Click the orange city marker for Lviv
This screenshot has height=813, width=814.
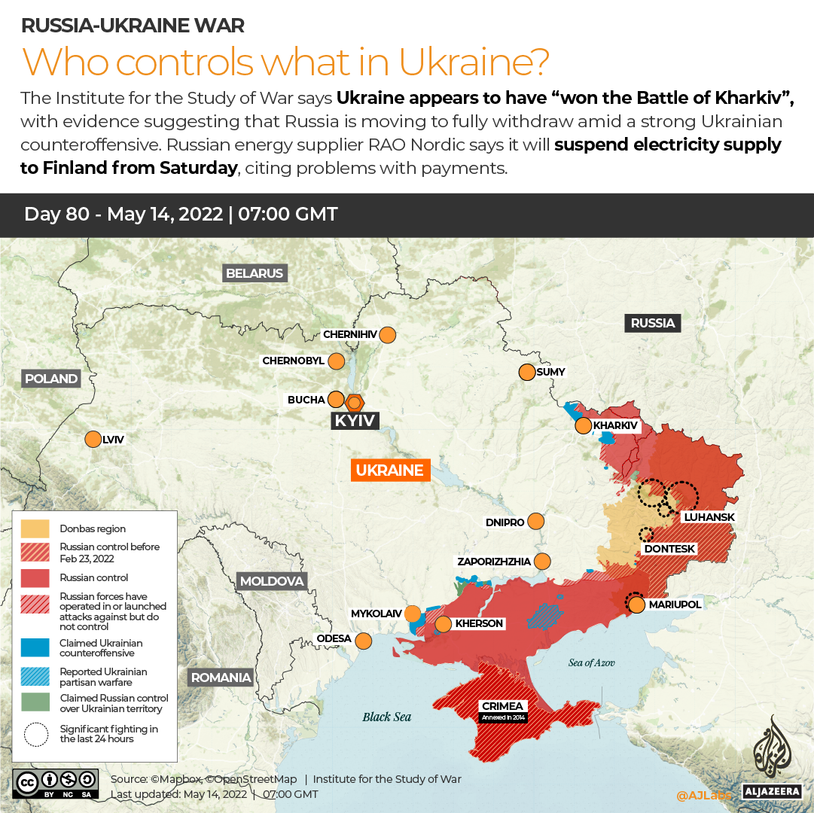(93, 439)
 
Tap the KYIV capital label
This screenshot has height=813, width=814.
(355, 421)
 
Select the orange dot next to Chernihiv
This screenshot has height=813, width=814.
(388, 335)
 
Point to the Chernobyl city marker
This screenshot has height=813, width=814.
(337, 361)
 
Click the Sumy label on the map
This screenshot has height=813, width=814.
(550, 372)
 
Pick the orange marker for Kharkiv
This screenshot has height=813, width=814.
(583, 426)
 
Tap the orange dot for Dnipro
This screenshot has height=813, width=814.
(536, 521)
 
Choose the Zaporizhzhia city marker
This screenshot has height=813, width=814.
(542, 562)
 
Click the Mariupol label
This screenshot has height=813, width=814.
(675, 604)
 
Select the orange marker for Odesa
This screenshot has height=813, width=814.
(364, 641)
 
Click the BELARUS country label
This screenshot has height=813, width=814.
(255, 273)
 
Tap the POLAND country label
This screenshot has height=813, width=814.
(51, 379)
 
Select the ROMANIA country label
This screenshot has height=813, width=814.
(221, 677)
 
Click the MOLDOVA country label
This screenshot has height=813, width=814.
(272, 581)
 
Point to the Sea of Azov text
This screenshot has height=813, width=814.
(592, 662)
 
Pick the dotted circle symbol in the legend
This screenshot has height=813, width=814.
(35, 734)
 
